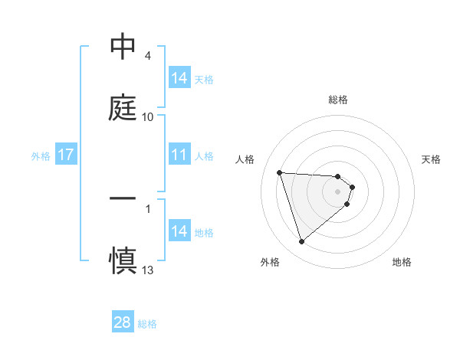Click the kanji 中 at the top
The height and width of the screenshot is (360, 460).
click(123, 47)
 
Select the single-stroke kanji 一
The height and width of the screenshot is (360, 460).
click(123, 198)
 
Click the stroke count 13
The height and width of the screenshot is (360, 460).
click(148, 270)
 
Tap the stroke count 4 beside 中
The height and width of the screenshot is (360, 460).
click(148, 56)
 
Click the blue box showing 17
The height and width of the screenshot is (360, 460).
click(66, 155)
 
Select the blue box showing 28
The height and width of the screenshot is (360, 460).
click(123, 322)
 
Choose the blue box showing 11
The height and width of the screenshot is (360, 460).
click(179, 155)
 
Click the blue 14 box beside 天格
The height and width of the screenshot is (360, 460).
click(179, 78)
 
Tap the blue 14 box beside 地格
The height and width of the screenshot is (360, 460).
click(179, 231)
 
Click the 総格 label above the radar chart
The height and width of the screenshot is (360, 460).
click(338, 100)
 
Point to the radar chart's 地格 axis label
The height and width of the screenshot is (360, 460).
click(402, 263)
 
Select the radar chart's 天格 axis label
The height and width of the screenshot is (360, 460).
click(431, 159)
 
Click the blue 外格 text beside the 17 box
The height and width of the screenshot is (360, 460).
click(41, 156)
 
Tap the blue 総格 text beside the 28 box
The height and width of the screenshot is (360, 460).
click(147, 324)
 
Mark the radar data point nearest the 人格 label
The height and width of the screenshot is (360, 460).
click(280, 172)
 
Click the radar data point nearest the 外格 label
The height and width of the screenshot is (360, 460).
click(301, 242)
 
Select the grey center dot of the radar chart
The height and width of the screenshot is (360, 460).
click(338, 191)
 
